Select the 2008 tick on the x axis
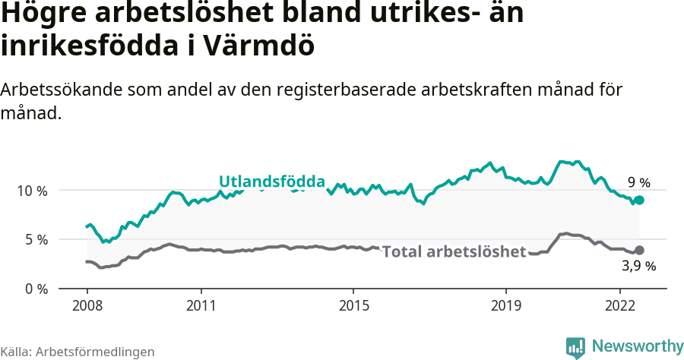pyautogui.click(x=87, y=305)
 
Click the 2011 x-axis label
pyautogui.click(x=201, y=305)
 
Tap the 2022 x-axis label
pyautogui.click(x=619, y=305)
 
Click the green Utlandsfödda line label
pyautogui.click(x=272, y=182)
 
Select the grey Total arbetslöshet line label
pyautogui.click(x=454, y=251)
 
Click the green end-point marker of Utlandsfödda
pyautogui.click(x=640, y=200)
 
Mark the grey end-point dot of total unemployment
pyautogui.click(x=640, y=250)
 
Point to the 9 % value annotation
pyautogui.click(x=639, y=182)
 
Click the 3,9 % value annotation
pyautogui.click(x=639, y=266)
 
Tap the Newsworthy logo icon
pyautogui.click(x=576, y=347)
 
